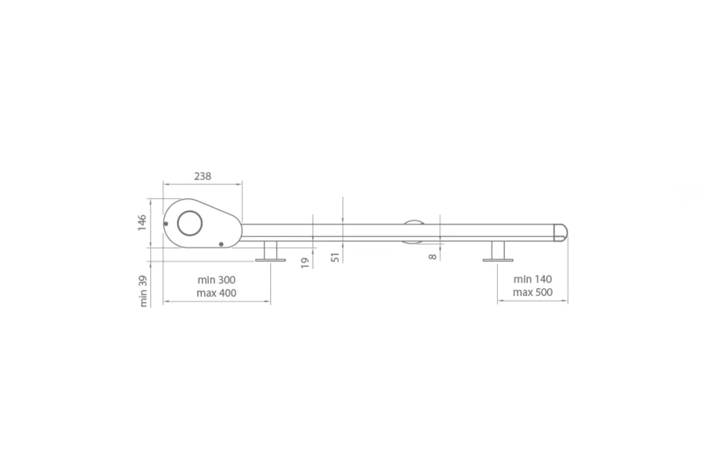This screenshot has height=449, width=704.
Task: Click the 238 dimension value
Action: coord(203,176)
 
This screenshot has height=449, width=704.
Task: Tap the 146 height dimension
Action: coord(142,223)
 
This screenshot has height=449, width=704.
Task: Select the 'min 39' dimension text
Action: coord(143,291)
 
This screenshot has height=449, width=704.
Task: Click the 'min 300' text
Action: coord(217,280)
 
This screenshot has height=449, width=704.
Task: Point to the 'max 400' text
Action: coord(217,293)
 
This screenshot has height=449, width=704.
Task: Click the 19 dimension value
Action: coord(305,263)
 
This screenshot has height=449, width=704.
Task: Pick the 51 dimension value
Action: coord(335,257)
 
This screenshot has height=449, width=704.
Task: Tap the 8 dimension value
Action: coord(432,257)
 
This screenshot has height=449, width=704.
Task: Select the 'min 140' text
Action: coord(533,279)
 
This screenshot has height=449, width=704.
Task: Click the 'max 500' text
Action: coord(533,292)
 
